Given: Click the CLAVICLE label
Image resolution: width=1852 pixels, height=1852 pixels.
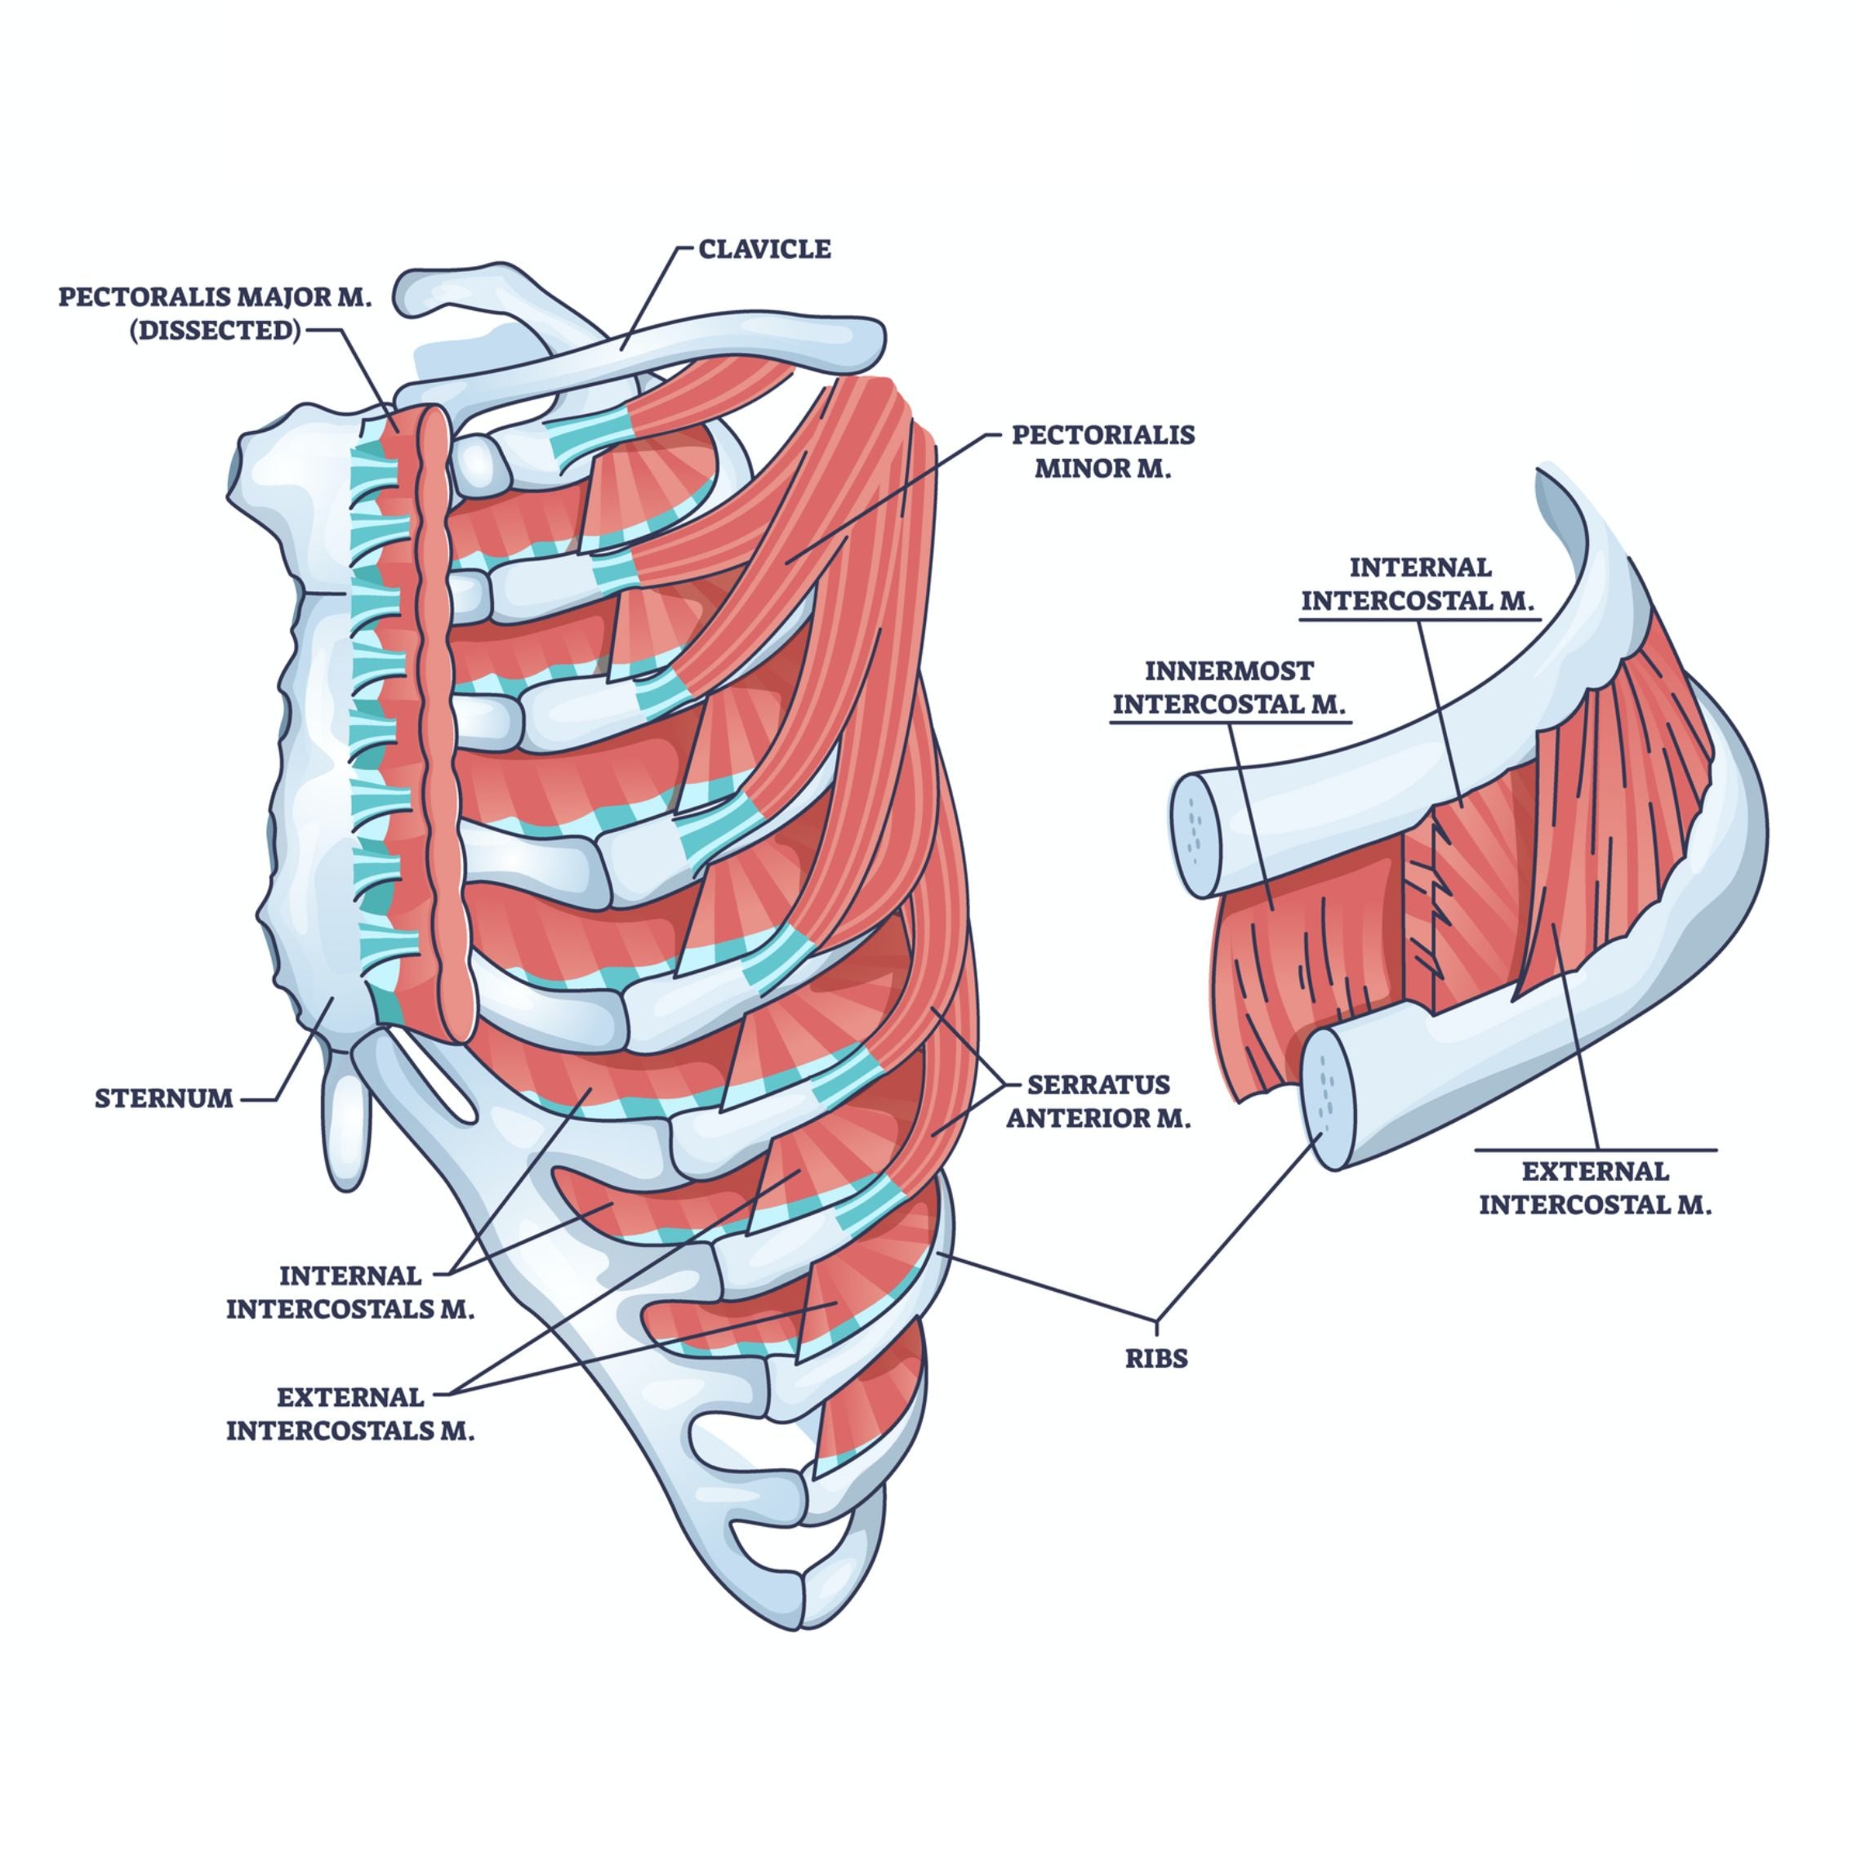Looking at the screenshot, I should pos(764,249).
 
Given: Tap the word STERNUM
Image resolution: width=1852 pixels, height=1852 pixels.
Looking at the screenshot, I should pos(163,1098).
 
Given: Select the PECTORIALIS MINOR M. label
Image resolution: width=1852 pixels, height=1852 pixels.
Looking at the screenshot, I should pos(1102,452).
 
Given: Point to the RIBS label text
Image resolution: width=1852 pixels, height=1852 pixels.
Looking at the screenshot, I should pos(1157,1357).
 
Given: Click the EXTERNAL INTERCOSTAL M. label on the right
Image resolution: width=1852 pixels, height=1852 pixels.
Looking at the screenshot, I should pos(1595,1187).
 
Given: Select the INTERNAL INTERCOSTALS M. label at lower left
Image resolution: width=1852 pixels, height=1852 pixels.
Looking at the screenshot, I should pos(349,1292).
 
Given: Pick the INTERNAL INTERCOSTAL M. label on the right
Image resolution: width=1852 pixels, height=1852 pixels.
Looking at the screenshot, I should pos(1420,584).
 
